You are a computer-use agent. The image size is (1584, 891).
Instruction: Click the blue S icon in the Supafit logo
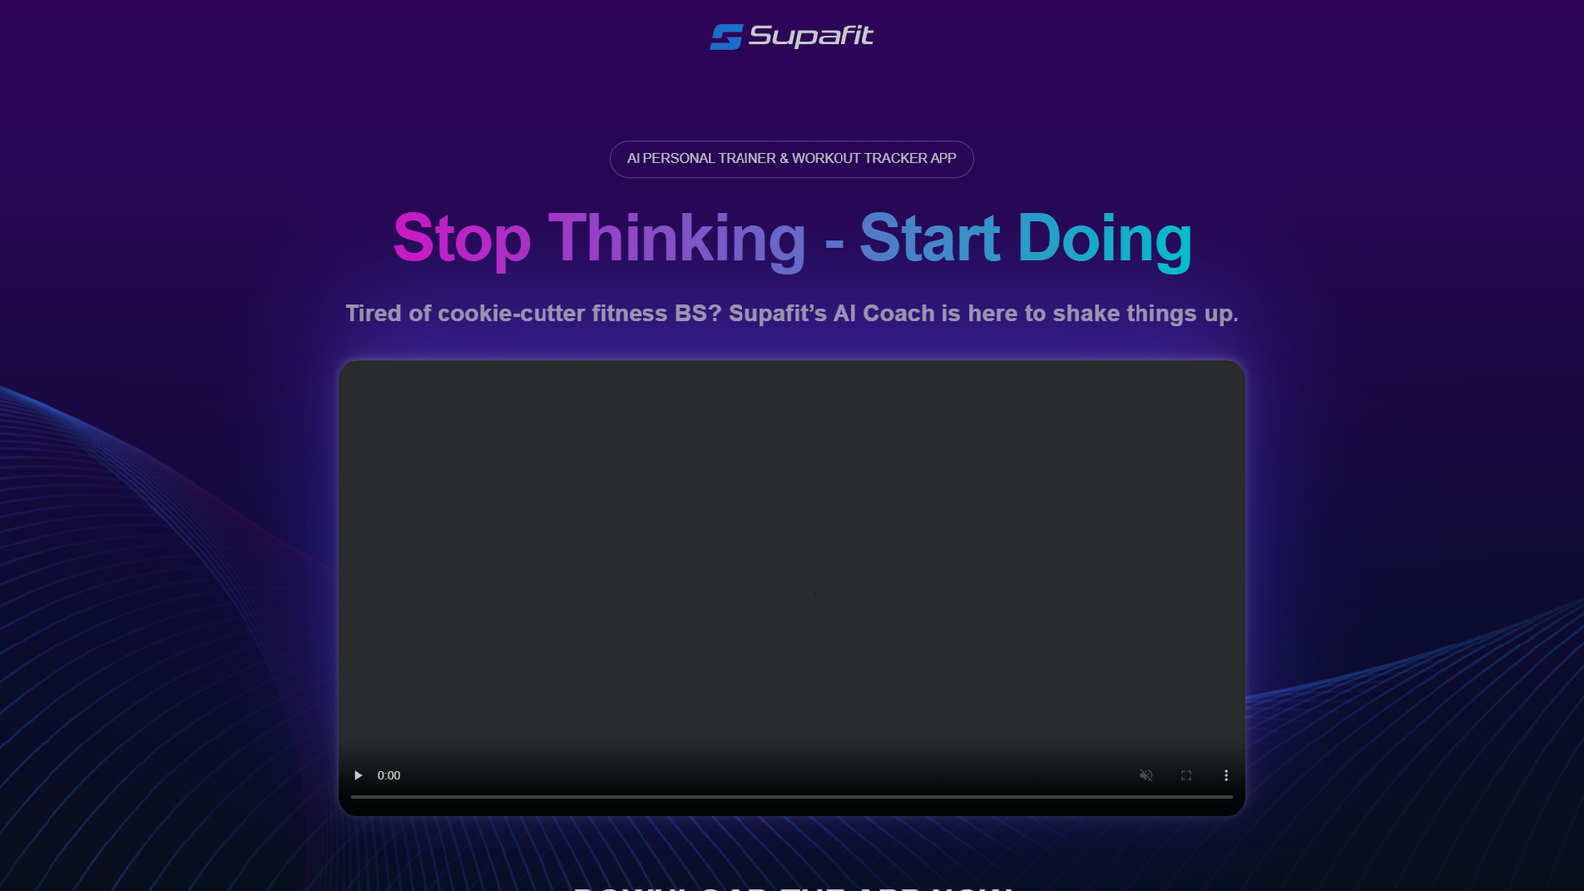[x=726, y=37]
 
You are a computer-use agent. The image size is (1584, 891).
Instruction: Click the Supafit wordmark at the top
[x=811, y=37]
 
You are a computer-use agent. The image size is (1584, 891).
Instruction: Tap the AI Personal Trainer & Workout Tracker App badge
[x=791, y=159]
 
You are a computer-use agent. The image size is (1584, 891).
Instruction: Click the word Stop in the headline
[x=461, y=240]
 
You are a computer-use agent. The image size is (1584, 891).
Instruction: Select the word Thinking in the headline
[x=677, y=240]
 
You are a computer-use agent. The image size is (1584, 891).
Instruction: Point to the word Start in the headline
[x=930, y=240]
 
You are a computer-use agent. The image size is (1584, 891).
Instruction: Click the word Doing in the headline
[x=1104, y=240]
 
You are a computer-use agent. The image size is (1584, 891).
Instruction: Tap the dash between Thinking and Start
[x=834, y=243]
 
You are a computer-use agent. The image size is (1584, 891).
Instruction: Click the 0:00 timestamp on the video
[x=389, y=776]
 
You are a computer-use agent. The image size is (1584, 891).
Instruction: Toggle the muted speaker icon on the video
[x=1146, y=776]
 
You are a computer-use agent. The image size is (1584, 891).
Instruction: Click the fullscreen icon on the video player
[x=1186, y=776]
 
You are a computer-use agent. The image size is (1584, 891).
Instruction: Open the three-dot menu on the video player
[x=1226, y=776]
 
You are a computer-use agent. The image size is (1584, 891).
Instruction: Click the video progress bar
[x=791, y=796]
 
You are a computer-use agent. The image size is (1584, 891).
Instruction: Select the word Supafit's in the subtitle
[x=777, y=314]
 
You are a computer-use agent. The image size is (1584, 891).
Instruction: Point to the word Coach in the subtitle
[x=898, y=314]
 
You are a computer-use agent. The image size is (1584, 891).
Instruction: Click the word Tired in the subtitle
[x=373, y=314]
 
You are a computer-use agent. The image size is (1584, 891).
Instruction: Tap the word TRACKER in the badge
[x=895, y=159]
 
